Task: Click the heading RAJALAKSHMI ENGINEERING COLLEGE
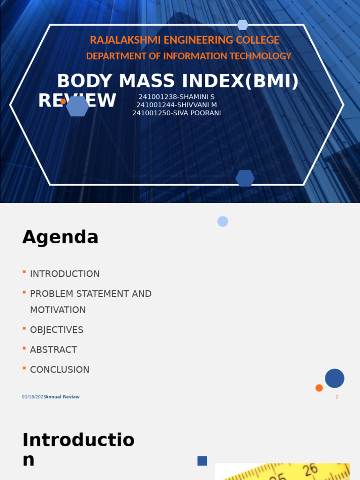(x=184, y=40)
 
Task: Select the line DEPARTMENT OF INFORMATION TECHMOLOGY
(x=188, y=56)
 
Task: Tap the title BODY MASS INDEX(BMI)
(x=178, y=81)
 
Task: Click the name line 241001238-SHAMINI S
(x=176, y=97)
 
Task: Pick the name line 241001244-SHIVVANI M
(x=176, y=105)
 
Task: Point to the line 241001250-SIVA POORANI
(x=176, y=113)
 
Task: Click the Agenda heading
(x=60, y=237)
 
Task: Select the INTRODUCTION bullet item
(x=65, y=274)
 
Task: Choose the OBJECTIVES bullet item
(x=56, y=330)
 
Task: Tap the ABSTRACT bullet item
(x=53, y=350)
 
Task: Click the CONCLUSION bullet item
(x=60, y=370)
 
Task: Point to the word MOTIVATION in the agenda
(x=58, y=310)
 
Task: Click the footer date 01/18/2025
(x=33, y=397)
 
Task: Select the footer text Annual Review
(x=63, y=397)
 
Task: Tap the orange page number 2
(x=337, y=397)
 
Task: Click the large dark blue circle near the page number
(x=335, y=378)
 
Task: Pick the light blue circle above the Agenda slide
(x=223, y=221)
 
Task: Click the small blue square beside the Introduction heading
(x=202, y=461)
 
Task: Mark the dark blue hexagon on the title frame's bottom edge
(x=245, y=178)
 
